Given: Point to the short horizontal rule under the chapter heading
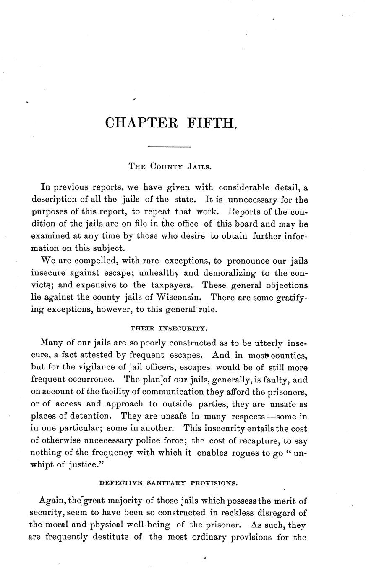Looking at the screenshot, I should (x=170, y=146).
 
